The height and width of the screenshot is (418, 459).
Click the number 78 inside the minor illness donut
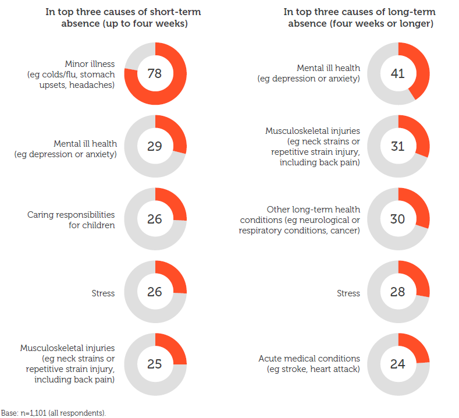pyautogui.click(x=155, y=73)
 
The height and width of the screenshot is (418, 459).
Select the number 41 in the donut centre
pyautogui.click(x=398, y=73)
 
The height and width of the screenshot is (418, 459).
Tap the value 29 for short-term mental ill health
pyautogui.click(x=155, y=146)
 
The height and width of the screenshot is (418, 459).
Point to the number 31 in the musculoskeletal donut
pyautogui.click(x=398, y=146)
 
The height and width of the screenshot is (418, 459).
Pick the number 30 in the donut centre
pyautogui.click(x=398, y=219)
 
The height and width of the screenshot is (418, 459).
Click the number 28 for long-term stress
pyautogui.click(x=398, y=292)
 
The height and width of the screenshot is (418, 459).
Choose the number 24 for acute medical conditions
pyautogui.click(x=398, y=364)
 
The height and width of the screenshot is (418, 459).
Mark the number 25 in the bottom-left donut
pyautogui.click(x=155, y=364)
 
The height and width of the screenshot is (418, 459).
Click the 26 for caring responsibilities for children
pyautogui.click(x=155, y=219)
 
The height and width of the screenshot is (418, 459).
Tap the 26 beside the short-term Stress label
pyautogui.click(x=155, y=292)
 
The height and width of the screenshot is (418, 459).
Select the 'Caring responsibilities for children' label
pyautogui.click(x=71, y=219)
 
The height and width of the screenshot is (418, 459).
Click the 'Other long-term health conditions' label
pyautogui.click(x=300, y=219)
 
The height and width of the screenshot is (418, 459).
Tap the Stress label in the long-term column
pyautogui.click(x=348, y=293)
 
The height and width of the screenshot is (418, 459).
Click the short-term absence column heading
pyautogui.click(x=119, y=17)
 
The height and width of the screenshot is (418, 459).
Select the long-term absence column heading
pyautogui.click(x=360, y=17)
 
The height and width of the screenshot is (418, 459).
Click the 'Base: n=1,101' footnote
pyautogui.click(x=54, y=412)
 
